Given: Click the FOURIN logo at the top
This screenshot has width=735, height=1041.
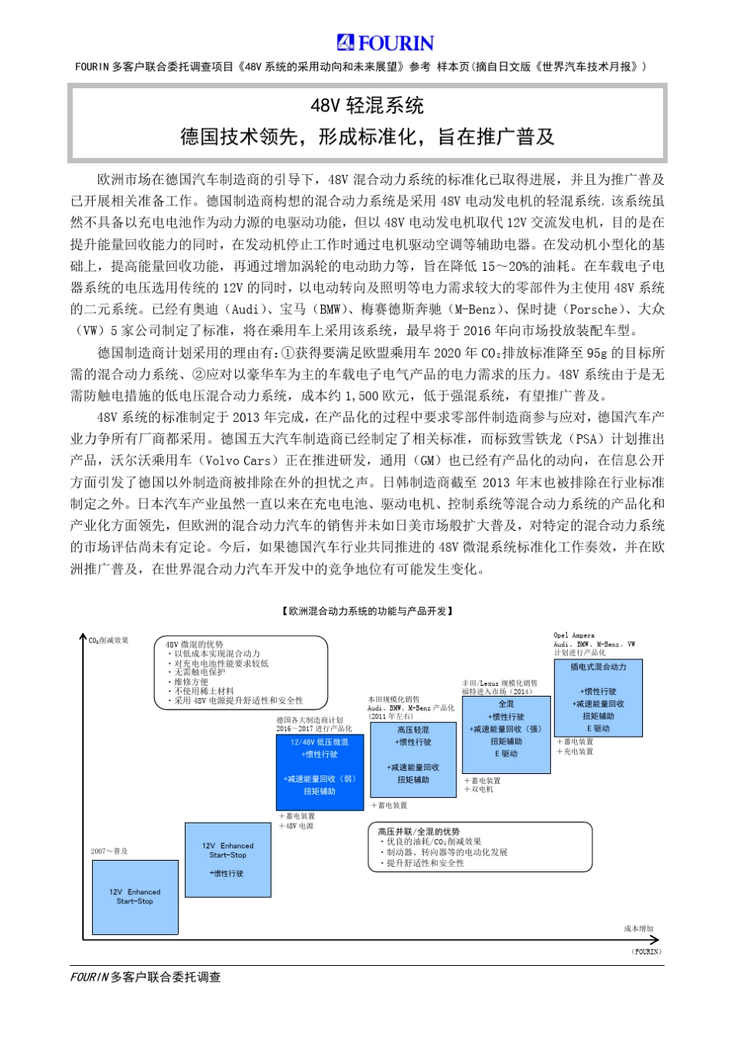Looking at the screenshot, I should [x=385, y=43].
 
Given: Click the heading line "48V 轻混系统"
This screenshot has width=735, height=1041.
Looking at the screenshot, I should [x=367, y=106].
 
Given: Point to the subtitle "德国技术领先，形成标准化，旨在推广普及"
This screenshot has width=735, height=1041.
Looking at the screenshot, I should [x=367, y=137].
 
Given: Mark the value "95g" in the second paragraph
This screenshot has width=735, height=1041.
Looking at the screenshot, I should [x=597, y=352].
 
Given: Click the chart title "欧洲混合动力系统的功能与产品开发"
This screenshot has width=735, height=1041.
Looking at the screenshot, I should [x=367, y=611].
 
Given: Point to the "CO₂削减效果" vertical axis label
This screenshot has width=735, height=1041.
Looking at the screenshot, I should [x=109, y=641].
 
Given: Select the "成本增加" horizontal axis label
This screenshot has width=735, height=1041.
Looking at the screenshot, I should [x=639, y=929].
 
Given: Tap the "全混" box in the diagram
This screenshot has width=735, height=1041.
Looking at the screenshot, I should [x=506, y=733].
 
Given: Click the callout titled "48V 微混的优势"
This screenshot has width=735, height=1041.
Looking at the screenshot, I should [x=241, y=672].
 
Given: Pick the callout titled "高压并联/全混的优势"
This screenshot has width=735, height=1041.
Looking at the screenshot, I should [x=480, y=847].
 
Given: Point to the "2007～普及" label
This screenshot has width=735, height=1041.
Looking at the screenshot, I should [x=109, y=851].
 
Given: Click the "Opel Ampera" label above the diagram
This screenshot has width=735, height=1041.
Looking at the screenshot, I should [x=574, y=635].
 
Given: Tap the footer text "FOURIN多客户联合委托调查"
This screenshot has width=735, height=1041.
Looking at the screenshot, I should [x=145, y=978].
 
